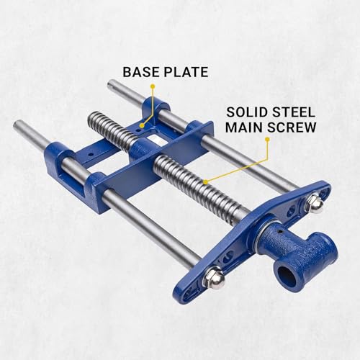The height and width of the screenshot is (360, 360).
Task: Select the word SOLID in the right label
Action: (x=243, y=113)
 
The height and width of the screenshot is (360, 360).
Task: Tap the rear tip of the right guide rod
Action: (x=113, y=86)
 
